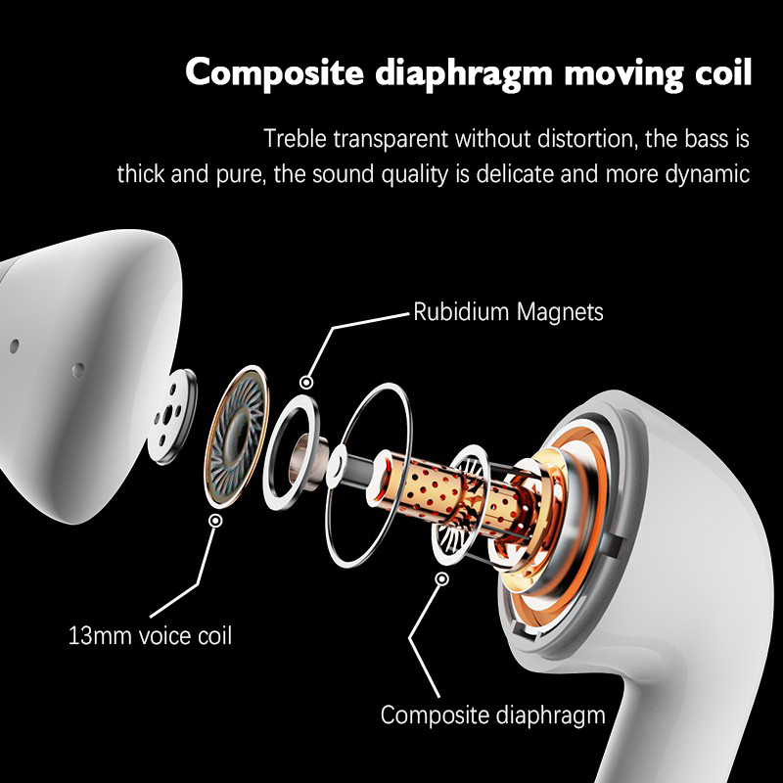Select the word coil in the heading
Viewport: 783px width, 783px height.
718,72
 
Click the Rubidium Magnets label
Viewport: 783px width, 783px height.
508,312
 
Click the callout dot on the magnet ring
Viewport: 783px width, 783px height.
308,383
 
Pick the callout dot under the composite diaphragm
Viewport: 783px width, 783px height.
442,578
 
